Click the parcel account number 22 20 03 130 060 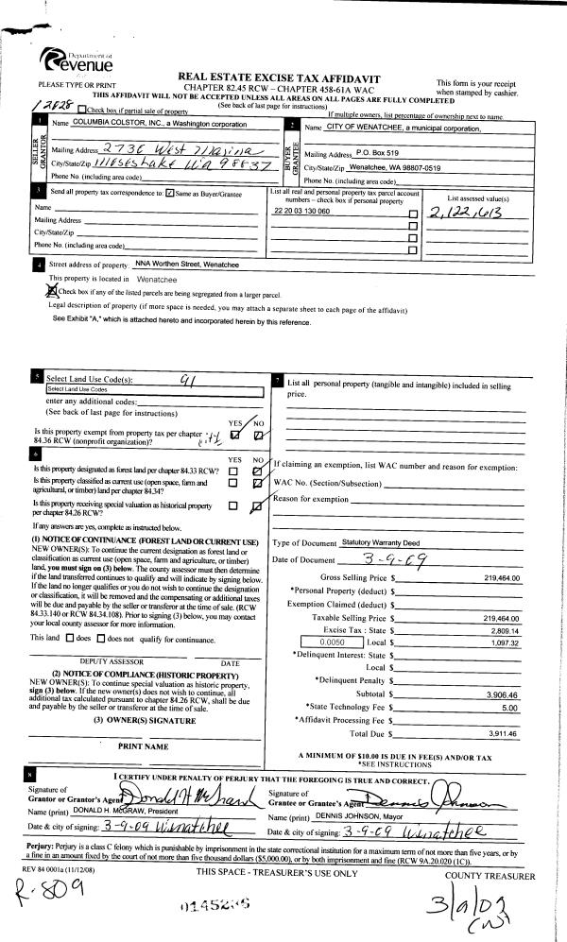[301, 212]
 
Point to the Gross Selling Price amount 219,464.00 [502, 576]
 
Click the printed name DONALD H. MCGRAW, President [103, 812]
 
